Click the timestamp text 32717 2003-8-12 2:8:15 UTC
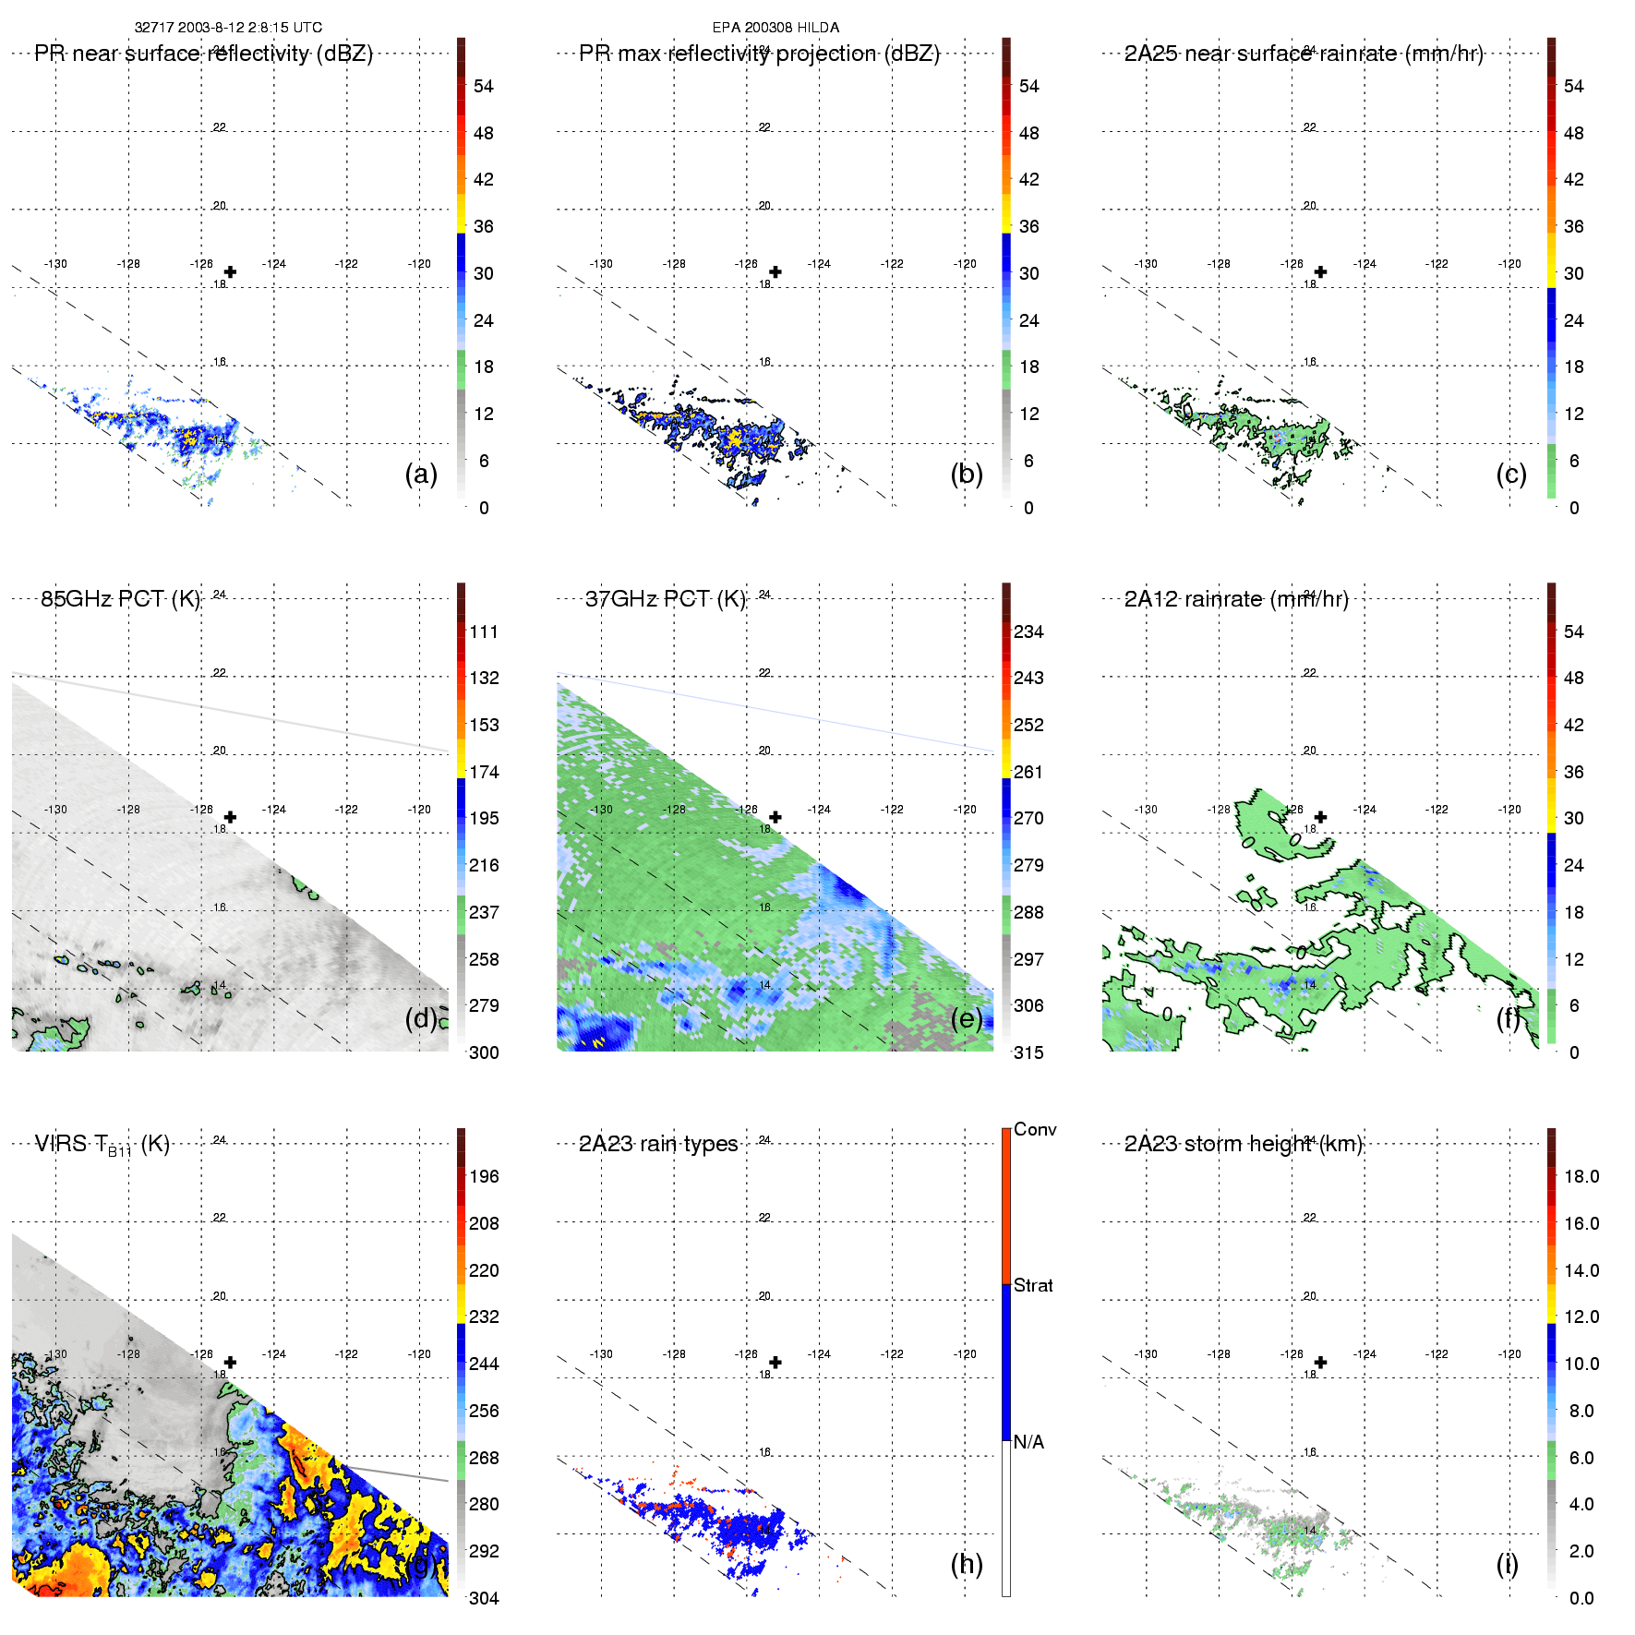tap(228, 28)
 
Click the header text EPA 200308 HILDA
tap(775, 28)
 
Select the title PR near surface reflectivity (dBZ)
tap(203, 54)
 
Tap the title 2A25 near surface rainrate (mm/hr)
tap(1303, 54)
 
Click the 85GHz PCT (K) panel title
tap(120, 599)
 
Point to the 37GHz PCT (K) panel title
tap(665, 599)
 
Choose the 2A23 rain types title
tap(657, 1144)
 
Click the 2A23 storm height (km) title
tap(1243, 1144)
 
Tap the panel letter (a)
tap(421, 474)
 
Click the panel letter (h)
tap(967, 1563)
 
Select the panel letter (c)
tap(1511, 474)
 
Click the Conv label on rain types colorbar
tap(1035, 1129)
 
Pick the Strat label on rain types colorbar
tap(1033, 1285)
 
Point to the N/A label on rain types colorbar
tap(1029, 1442)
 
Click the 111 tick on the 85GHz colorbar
tap(484, 631)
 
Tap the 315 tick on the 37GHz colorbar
tap(1028, 1052)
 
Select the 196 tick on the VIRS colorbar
tap(484, 1176)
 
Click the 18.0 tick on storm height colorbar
tap(1581, 1176)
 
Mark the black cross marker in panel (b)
tap(775, 272)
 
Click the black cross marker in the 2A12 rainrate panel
tap(1321, 817)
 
